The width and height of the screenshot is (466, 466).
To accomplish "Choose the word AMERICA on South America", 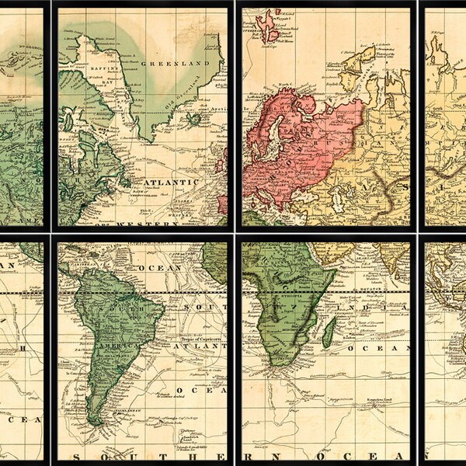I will [x=114, y=343].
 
